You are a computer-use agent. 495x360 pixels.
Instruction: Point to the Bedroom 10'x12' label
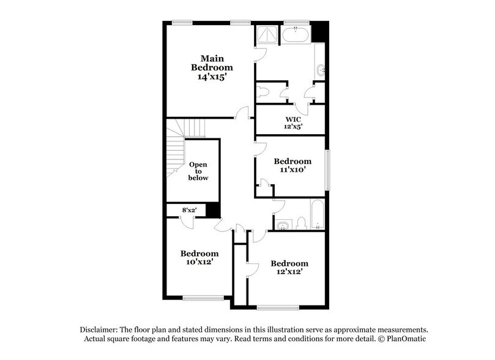tap(199, 258)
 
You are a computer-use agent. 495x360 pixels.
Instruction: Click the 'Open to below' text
tap(198, 171)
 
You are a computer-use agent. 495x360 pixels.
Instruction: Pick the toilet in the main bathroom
tap(264, 92)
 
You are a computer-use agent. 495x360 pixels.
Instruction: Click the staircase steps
tap(175, 147)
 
